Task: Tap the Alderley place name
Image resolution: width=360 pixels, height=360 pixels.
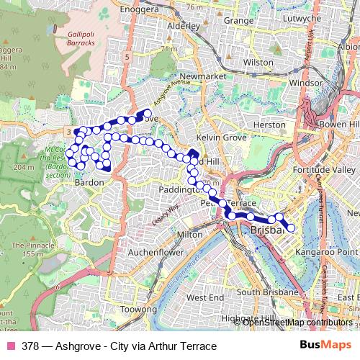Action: [x=183, y=24]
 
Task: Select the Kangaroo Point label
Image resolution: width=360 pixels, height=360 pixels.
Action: [x=328, y=253]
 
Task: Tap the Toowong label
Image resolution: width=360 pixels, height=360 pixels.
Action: [x=119, y=309]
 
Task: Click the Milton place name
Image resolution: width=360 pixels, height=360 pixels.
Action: [x=189, y=235]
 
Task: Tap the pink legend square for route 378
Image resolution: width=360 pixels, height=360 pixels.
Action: [x=10, y=346]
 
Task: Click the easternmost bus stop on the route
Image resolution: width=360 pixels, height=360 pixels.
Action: [x=291, y=229]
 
